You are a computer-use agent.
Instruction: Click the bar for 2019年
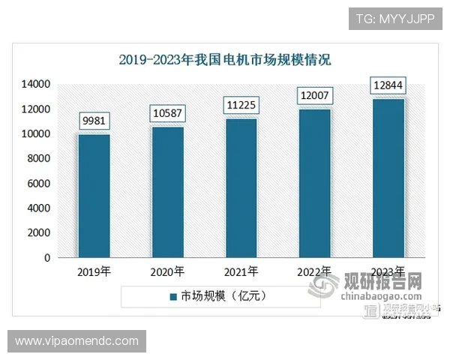point(94,196)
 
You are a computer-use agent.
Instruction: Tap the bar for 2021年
point(241,188)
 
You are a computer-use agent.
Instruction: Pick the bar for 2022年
point(315,183)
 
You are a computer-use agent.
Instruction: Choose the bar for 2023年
point(388,178)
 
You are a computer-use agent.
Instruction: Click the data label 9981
point(94,120)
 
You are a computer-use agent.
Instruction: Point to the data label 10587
point(168,112)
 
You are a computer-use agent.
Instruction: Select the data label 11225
point(241,104)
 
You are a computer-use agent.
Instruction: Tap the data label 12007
point(315,95)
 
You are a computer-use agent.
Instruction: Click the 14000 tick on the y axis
point(36,84)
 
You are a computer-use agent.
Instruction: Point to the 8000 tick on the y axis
point(38,158)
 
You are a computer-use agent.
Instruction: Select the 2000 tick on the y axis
point(38,232)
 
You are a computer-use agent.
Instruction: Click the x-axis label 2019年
point(94,271)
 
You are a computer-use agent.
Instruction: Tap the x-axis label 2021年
point(241,271)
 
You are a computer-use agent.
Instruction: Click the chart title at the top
point(225,59)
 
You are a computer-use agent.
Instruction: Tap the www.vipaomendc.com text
point(77,341)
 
